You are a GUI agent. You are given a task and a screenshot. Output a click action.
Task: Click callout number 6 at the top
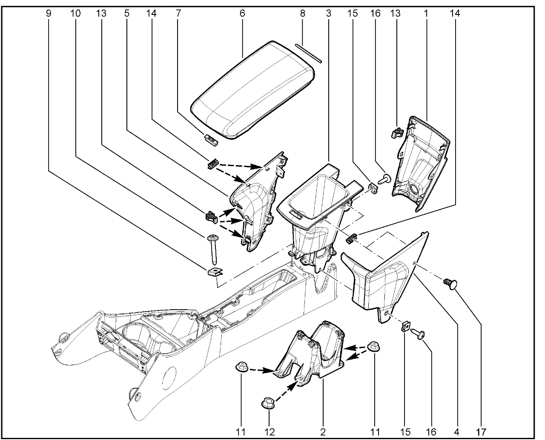(242, 14)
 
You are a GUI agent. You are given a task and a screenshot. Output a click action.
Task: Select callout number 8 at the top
(303, 14)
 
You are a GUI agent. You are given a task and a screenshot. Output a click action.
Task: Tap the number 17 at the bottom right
(481, 431)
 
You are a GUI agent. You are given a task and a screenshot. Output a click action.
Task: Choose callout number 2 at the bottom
(323, 431)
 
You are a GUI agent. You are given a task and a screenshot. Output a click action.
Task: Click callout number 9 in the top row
(49, 14)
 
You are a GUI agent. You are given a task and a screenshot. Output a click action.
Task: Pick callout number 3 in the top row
(328, 14)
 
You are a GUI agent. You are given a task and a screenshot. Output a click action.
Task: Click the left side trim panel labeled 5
(255, 204)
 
